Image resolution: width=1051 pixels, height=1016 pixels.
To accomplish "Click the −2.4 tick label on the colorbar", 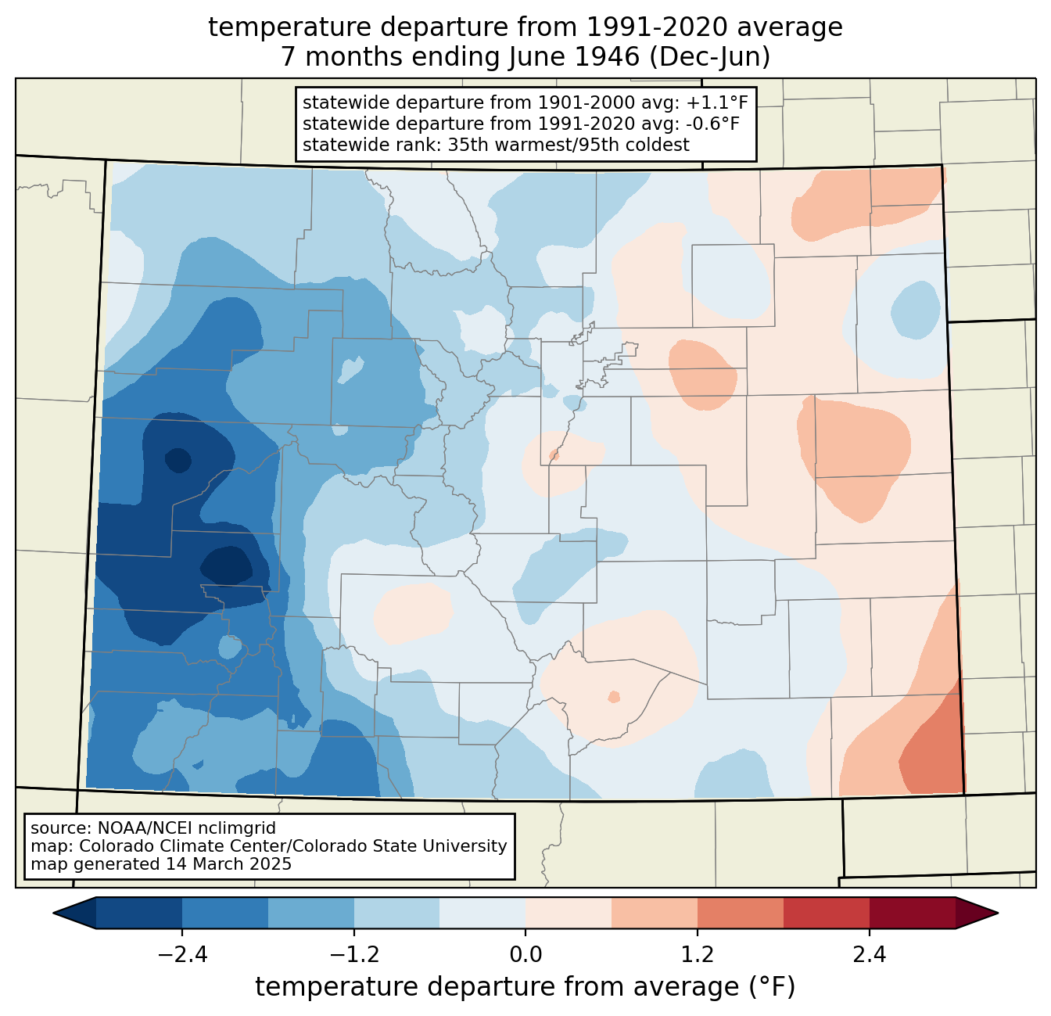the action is (182, 954).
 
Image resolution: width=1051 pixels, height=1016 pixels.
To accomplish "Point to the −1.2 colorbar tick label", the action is (353, 954).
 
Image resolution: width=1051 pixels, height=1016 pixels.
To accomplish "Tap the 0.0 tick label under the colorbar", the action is (525, 954).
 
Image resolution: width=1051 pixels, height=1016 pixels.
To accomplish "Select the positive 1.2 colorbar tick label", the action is (698, 954).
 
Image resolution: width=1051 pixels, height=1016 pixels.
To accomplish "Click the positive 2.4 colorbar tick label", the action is (869, 954).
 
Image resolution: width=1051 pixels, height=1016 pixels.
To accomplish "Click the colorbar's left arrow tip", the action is (53, 914).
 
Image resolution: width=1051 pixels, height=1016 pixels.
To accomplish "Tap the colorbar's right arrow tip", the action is (998, 914).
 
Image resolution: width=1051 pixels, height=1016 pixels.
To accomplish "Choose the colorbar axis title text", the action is (525, 987).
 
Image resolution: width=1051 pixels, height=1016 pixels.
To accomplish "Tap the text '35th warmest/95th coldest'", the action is (569, 145).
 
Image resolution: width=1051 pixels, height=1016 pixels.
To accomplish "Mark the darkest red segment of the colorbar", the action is (913, 914).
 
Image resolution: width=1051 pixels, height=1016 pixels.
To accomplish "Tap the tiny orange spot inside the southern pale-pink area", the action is (614, 697).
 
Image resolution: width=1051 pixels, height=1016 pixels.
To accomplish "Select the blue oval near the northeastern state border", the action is (916, 310).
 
